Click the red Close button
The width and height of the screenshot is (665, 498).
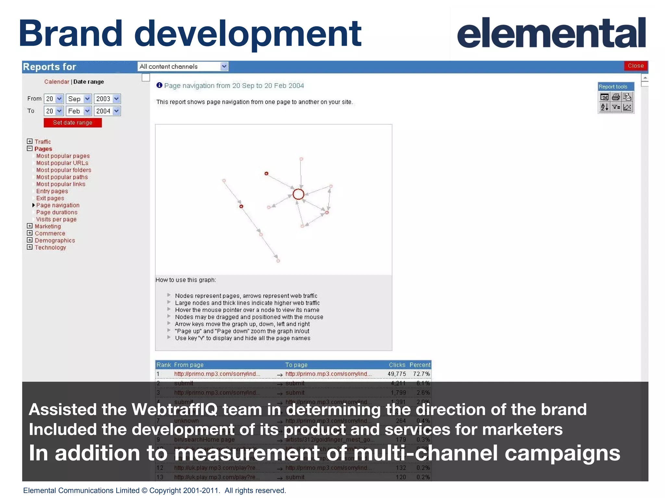635,66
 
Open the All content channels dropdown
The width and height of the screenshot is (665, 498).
183,66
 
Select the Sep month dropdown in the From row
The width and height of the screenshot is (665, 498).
79,99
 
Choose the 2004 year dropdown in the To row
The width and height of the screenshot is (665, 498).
107,111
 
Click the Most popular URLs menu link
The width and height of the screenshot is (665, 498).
62,163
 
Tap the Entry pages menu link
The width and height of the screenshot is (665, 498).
52,191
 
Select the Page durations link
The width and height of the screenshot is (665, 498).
57,212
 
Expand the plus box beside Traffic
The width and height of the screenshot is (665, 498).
30,141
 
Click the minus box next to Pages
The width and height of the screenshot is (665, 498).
30,148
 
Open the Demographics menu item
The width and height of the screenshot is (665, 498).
55,240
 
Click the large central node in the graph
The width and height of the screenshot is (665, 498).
298,194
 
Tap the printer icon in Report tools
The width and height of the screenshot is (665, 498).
616,97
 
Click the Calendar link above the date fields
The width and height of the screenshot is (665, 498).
56,82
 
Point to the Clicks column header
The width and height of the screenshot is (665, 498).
397,365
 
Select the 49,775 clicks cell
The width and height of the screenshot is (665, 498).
396,374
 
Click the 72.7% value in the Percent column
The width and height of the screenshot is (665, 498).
421,374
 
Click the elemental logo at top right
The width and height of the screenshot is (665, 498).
551,33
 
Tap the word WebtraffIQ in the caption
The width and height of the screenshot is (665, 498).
174,409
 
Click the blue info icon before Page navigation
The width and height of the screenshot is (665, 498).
159,85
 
